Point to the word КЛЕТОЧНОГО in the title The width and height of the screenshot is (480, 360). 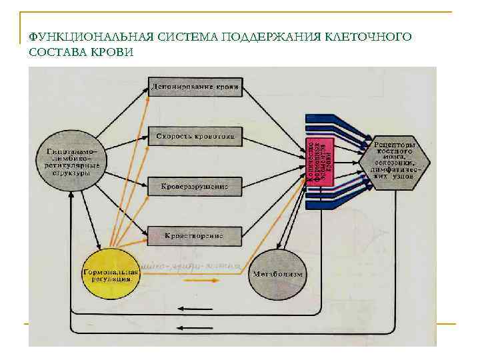pos(367,38)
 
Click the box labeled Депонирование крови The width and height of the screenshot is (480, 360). pos(195,87)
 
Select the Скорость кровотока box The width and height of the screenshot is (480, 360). pos(195,136)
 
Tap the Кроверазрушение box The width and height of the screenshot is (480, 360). pos(195,187)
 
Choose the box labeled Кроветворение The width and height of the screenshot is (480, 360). pos(195,235)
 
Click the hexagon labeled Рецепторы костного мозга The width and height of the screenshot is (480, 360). pos(395,162)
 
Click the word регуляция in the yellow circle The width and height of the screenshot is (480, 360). pos(111,280)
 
